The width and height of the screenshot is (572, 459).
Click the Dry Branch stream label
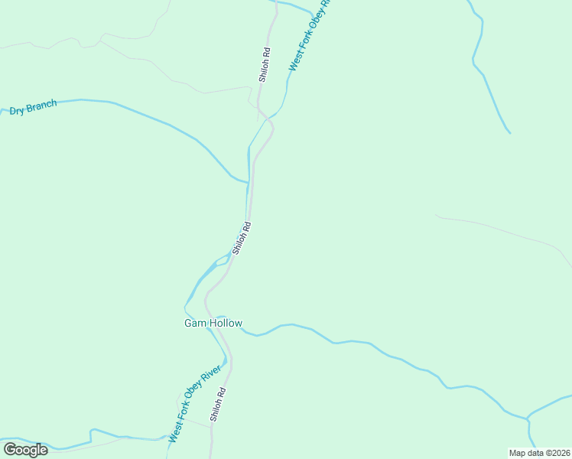33,108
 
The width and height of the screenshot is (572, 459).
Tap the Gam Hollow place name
213,324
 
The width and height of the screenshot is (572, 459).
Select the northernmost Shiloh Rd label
265,66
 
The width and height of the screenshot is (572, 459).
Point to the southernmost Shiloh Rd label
217,405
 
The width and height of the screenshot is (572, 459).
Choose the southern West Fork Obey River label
194,404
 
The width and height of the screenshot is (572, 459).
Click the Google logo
25,450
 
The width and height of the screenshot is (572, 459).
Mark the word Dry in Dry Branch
17,111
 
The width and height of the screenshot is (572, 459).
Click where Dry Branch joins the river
248,182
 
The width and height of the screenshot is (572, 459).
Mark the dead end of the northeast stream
510,133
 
